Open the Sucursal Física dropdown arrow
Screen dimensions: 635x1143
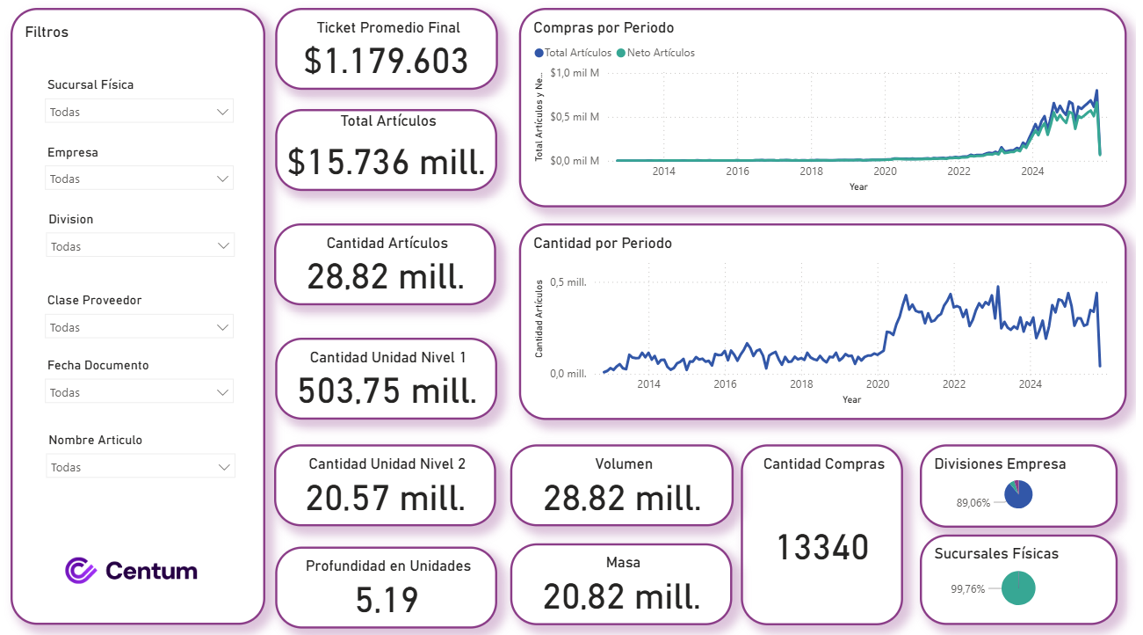point(222,112)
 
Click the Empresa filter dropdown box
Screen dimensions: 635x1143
point(139,179)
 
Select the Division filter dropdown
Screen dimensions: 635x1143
point(140,246)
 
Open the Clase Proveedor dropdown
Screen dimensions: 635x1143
point(139,327)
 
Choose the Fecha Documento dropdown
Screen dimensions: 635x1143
point(139,392)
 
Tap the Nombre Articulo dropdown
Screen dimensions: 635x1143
point(140,467)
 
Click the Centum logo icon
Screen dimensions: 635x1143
point(81,570)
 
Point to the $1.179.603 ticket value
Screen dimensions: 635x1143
point(387,61)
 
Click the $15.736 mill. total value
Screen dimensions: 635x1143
point(387,162)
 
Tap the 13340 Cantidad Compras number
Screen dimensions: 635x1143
point(822,548)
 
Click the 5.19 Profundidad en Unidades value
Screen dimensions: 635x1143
point(387,600)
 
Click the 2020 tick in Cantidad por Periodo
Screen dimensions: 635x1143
point(877,384)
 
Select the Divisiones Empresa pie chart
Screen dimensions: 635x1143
point(1018,494)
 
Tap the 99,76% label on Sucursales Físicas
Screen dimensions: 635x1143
point(968,589)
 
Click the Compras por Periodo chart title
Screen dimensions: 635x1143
point(604,28)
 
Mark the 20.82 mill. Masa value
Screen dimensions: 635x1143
point(621,597)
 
